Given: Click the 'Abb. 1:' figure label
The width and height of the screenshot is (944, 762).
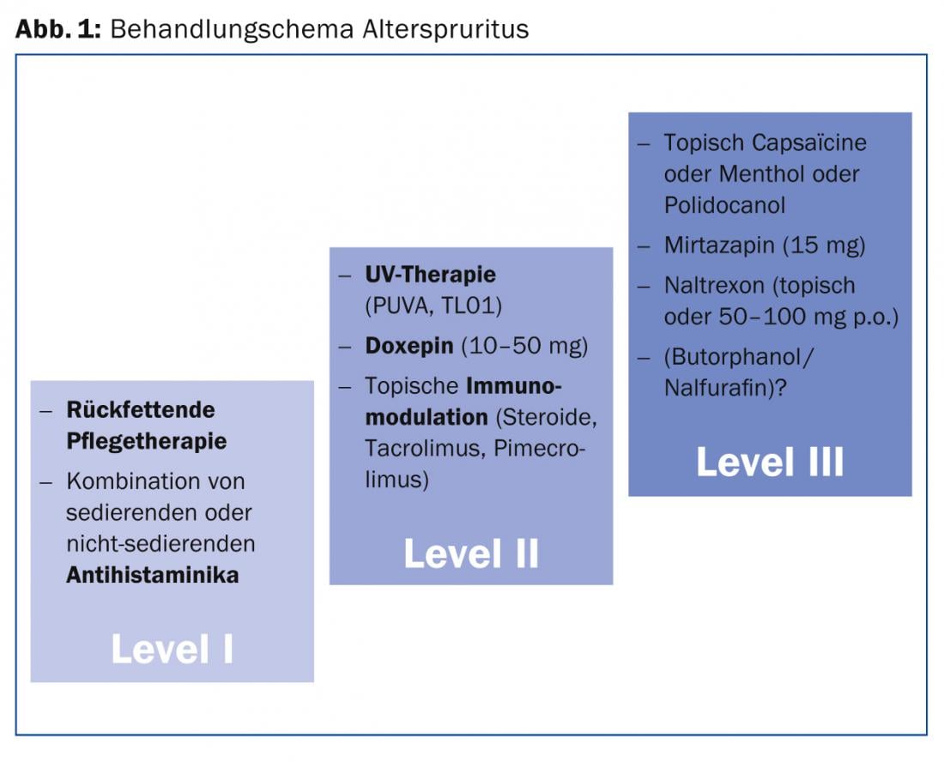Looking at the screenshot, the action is (58, 28).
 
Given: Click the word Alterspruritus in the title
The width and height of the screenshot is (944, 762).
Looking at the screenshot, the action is (445, 29).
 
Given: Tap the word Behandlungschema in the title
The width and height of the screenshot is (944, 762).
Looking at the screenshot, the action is (231, 29).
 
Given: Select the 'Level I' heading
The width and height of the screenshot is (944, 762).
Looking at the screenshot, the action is (172, 649).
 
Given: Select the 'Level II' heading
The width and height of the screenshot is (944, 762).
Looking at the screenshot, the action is (471, 553).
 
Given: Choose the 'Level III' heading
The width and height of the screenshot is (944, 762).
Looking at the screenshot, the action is (770, 463).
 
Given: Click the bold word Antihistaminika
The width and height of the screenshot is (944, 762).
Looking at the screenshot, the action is (152, 575).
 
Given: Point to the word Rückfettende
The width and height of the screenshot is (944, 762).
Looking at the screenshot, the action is (141, 409).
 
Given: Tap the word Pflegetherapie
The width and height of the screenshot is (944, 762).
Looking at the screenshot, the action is (146, 441).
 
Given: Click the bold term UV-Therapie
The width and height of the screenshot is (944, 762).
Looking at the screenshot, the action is (431, 275).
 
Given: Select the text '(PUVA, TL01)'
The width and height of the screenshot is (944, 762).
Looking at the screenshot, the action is (433, 305).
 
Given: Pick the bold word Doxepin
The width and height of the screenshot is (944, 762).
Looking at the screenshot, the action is (409, 346).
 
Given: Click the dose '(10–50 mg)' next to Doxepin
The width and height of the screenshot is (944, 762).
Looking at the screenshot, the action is (524, 346).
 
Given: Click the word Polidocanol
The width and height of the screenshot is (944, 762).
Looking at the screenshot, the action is (725, 205).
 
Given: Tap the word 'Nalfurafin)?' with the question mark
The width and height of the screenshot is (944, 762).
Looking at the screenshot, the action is (725, 388).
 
